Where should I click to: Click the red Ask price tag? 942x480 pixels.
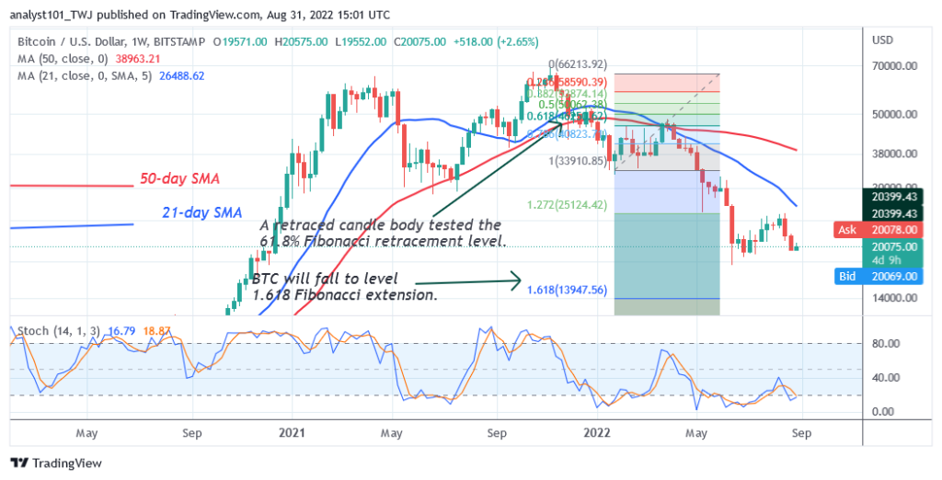(846, 229)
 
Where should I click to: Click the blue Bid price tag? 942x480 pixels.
(845, 276)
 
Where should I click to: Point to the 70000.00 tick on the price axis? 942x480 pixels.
(894, 67)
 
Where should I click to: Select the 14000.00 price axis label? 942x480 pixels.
(894, 299)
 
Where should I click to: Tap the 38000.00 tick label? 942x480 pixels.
(894, 155)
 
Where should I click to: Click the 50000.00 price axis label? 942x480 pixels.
(894, 115)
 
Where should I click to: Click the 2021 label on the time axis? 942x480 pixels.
(292, 429)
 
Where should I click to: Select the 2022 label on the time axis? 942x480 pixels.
(598, 429)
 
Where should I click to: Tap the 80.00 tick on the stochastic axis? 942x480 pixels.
(886, 344)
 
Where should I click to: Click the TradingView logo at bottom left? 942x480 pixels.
(56, 463)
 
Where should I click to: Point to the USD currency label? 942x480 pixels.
(882, 41)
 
